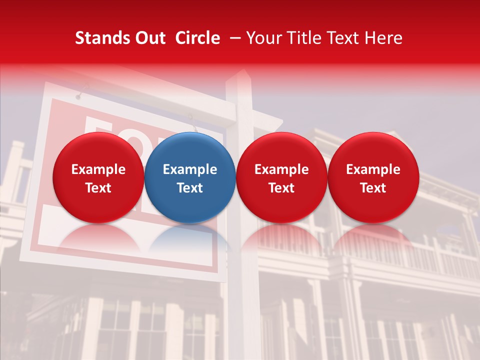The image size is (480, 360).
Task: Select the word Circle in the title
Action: click(197, 38)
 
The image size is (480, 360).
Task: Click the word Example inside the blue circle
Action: click(190, 169)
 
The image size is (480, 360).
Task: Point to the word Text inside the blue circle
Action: click(190, 188)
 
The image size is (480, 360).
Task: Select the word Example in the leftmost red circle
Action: click(98, 169)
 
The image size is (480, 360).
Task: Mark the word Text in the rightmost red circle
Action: click(373, 188)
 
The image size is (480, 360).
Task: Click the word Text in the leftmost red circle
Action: click(98, 188)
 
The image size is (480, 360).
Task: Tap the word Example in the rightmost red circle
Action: click(373, 169)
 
